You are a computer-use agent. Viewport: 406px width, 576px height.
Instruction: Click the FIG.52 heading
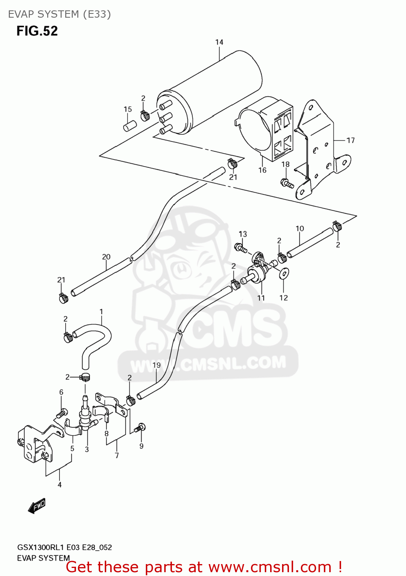pyautogui.click(x=37, y=31)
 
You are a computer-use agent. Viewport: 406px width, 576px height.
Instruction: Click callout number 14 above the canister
pyautogui.click(x=219, y=42)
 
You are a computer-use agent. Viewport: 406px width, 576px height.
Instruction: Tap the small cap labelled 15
pyautogui.click(x=130, y=126)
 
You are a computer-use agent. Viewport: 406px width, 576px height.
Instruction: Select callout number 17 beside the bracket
pyautogui.click(x=350, y=141)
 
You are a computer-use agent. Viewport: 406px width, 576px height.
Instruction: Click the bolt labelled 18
pyautogui.click(x=287, y=183)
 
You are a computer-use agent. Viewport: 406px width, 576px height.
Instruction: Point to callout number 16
pyautogui.click(x=262, y=170)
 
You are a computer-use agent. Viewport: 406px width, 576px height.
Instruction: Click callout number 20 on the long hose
pyautogui.click(x=106, y=257)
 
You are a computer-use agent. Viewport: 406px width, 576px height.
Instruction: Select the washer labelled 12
pyautogui.click(x=284, y=273)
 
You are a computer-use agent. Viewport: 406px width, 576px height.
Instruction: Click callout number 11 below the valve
pyautogui.click(x=261, y=298)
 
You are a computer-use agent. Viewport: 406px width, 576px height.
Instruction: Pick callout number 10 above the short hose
pyautogui.click(x=300, y=228)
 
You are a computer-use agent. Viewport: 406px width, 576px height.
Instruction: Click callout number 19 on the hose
pyautogui.click(x=157, y=365)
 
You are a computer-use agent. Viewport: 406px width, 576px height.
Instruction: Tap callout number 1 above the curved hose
pyautogui.click(x=101, y=311)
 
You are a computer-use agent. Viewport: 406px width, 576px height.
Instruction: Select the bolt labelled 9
pyautogui.click(x=140, y=427)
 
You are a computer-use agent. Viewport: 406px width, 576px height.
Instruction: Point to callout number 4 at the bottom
pyautogui.click(x=59, y=485)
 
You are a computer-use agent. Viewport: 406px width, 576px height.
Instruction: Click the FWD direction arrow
pyautogui.click(x=37, y=506)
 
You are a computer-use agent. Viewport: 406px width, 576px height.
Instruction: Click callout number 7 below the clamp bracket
pyautogui.click(x=117, y=455)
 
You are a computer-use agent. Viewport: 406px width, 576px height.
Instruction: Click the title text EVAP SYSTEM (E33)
pyautogui.click(x=59, y=14)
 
